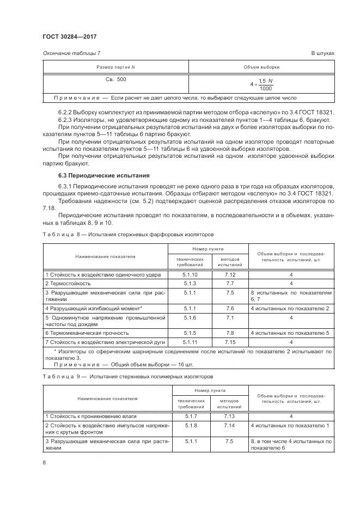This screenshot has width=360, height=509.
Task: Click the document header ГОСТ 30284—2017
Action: point(65,36)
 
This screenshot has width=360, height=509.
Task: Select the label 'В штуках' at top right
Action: point(322,53)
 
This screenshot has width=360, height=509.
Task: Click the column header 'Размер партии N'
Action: point(115,66)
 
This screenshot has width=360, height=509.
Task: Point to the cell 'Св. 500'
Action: point(115,79)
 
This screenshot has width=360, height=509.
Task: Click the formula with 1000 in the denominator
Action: point(262,84)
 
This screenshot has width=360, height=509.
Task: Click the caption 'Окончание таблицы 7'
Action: point(71,53)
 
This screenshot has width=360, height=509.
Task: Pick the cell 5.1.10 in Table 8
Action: point(190,275)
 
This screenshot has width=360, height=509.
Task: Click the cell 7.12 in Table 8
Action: point(229,275)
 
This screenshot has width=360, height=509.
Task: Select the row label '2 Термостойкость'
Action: point(68,284)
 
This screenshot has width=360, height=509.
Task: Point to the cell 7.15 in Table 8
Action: point(229,341)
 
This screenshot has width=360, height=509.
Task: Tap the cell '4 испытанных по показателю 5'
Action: point(290,333)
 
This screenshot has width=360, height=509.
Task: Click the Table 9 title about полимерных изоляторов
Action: point(128,376)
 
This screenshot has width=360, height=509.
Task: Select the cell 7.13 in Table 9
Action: point(229,416)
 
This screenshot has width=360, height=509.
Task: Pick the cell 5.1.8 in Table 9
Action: point(191,425)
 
